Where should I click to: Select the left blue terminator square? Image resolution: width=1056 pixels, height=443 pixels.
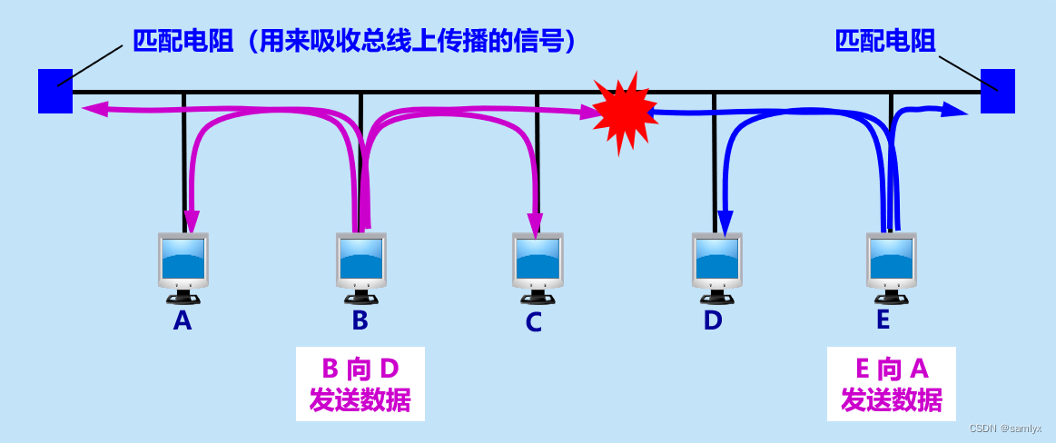tap(54, 91)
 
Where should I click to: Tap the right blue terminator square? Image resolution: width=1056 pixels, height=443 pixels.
tap(997, 91)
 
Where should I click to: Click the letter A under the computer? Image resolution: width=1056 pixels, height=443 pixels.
tap(183, 320)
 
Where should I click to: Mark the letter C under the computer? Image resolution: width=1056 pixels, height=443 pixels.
tap(534, 322)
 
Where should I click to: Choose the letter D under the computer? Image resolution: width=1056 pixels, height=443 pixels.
tap(713, 320)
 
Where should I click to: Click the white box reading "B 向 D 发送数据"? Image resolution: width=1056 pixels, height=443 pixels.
tap(360, 383)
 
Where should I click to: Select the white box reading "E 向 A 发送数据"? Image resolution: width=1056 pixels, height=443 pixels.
tap(891, 383)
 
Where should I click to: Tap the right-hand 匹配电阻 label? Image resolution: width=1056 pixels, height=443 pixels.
tap(884, 41)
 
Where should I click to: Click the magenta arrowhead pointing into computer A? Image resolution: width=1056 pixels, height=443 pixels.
tap(192, 221)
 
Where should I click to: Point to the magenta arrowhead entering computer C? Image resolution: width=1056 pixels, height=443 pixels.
tap(535, 223)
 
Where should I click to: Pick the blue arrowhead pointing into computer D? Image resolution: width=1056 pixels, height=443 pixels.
tap(725, 221)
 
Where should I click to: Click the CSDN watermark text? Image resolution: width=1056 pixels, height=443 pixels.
tap(1005, 428)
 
